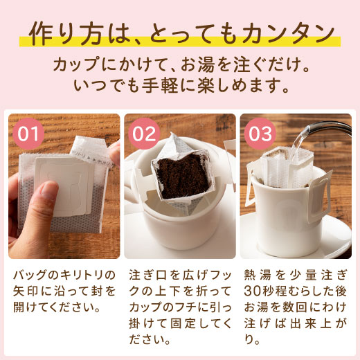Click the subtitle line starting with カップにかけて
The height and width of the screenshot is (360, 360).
pos(179,66)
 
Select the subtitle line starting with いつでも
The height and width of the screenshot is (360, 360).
pos(179,88)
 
